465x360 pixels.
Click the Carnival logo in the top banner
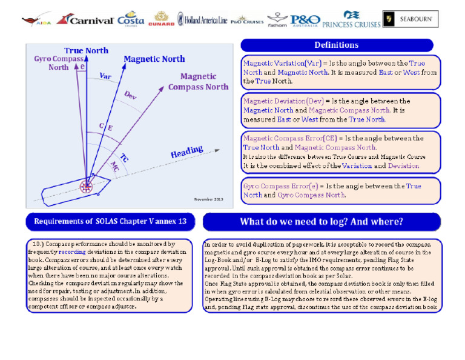pyautogui.click(x=85, y=19)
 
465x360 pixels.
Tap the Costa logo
pyautogui.click(x=130, y=19)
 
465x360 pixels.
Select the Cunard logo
pyautogui.click(x=162, y=19)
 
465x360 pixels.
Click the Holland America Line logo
pyautogui.click(x=202, y=20)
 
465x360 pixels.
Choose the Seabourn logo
pyautogui.click(x=410, y=19)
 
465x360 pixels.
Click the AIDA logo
pyautogui.click(x=36, y=21)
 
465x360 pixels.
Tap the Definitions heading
pyautogui.click(x=337, y=45)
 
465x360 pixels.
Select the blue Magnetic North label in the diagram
pyautogui.click(x=154, y=59)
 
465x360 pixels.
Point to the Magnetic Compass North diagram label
pyautogui.click(x=198, y=81)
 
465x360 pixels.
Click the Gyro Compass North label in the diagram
pyautogui.click(x=59, y=63)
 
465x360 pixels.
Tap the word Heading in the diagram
pyautogui.click(x=186, y=152)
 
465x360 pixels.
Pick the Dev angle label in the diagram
pyautogui.click(x=131, y=95)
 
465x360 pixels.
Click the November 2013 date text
pyautogui.click(x=208, y=199)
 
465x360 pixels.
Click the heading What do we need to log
pyautogui.click(x=322, y=221)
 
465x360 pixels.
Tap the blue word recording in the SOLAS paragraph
pyautogui.click(x=72, y=250)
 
